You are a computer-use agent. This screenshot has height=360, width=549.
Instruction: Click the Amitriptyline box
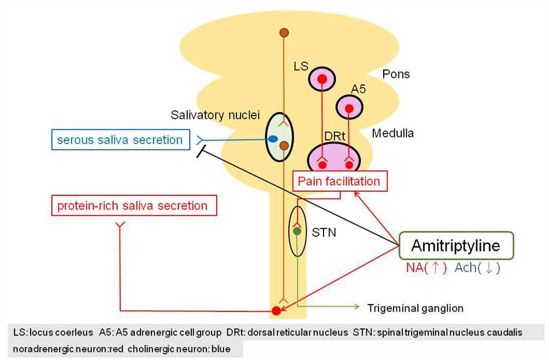coord(456,246)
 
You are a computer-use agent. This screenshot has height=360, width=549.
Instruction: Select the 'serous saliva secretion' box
coord(120,140)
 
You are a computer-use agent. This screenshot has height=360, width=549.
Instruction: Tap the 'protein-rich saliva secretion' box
coord(133,205)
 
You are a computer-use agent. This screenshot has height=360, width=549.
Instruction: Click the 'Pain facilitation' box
coord(339,181)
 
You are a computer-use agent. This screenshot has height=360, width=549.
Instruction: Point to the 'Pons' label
coord(396,74)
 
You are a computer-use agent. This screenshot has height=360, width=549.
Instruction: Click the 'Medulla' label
coord(392,133)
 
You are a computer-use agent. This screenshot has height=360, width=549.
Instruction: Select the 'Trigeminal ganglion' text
coord(415,308)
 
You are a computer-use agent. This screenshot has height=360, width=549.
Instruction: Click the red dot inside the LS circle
coord(321,79)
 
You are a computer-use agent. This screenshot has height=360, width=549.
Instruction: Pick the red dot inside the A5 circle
coord(349,107)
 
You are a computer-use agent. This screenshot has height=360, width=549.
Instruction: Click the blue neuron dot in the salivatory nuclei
coord(273,139)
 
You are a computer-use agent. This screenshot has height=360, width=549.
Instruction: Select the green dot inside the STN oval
coord(297,231)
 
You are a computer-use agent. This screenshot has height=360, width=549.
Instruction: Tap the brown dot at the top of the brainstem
coord(283,32)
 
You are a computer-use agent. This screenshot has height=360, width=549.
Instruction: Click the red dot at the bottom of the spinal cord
coord(276,311)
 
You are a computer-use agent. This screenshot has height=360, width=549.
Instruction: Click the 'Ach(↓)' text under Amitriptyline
coord(477,268)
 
